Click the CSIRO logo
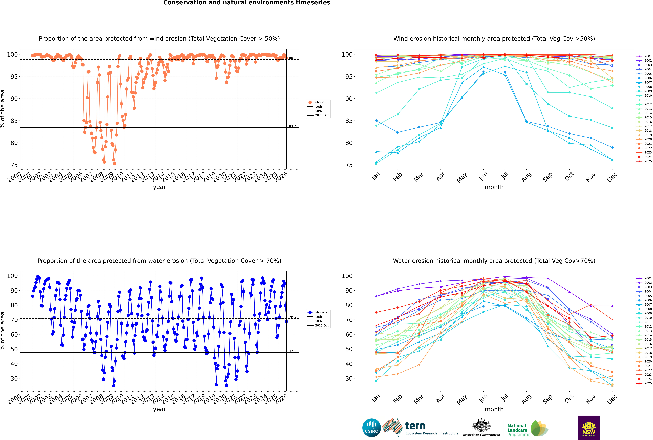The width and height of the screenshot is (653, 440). point(371,428)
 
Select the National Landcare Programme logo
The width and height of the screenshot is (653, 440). point(527,428)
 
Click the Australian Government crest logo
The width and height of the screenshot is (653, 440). point(481,428)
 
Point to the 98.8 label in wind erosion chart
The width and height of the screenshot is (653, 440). point(293,59)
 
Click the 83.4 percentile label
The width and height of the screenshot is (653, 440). point(293,127)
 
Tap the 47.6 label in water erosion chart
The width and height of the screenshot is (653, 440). point(293,351)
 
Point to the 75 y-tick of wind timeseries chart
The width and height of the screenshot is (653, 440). point(14,165)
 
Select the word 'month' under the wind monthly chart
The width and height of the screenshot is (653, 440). point(494,187)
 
